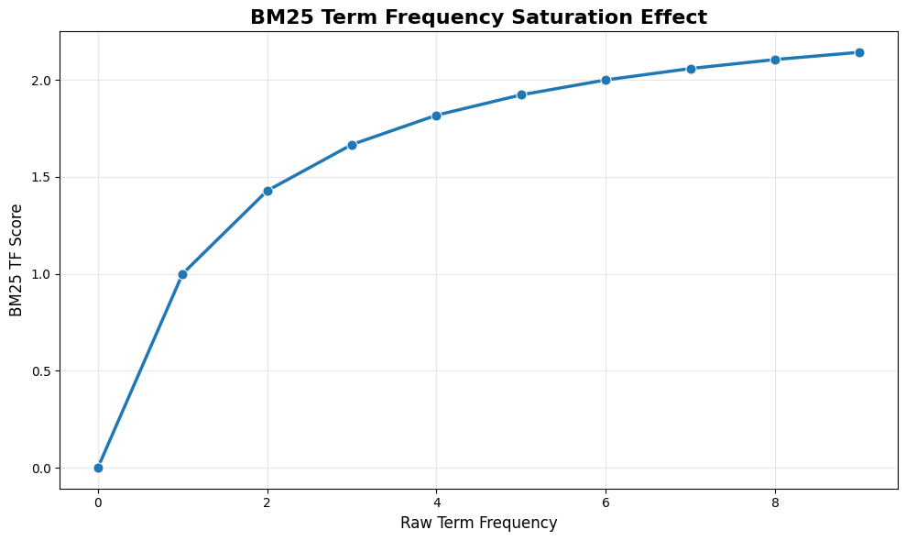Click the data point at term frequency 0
click(98, 468)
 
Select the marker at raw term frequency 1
click(182, 274)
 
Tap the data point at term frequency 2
click(267, 191)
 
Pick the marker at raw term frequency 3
click(352, 145)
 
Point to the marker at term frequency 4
click(436, 116)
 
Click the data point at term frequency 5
click(521, 94)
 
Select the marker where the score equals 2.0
click(606, 80)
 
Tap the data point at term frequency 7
click(691, 69)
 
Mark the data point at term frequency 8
click(775, 60)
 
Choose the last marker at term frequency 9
click(859, 52)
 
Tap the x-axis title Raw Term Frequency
click(478, 524)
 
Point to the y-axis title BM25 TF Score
click(16, 260)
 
